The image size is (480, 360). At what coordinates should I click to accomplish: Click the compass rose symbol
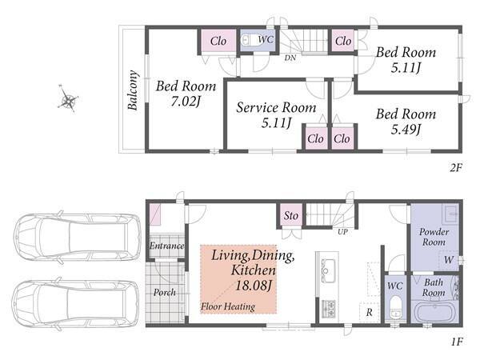click(68, 98)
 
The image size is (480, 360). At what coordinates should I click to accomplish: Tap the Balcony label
click(133, 90)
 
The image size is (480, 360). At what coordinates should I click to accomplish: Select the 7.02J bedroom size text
click(186, 102)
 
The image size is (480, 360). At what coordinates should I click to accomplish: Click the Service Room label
click(276, 107)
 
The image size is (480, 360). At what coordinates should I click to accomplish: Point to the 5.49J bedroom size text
click(406, 129)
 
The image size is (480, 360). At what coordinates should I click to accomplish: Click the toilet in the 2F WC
click(250, 40)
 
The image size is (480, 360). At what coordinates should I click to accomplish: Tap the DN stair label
click(290, 58)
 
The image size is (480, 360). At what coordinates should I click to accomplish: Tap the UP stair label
click(342, 232)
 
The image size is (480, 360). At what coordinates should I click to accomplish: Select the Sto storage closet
click(291, 215)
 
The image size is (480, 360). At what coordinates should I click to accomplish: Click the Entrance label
click(166, 246)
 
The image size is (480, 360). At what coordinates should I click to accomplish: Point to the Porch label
click(164, 292)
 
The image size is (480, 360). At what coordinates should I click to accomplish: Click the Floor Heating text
click(228, 306)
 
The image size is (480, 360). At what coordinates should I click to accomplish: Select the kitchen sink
click(328, 270)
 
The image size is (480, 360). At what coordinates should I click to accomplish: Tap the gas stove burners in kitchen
click(328, 309)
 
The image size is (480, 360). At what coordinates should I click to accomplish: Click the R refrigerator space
click(369, 312)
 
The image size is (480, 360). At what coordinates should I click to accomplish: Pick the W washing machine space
click(449, 261)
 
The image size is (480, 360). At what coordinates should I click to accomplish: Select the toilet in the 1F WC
click(395, 307)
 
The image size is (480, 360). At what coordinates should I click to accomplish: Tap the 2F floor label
click(455, 168)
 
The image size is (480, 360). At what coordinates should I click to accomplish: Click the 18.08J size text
click(254, 286)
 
